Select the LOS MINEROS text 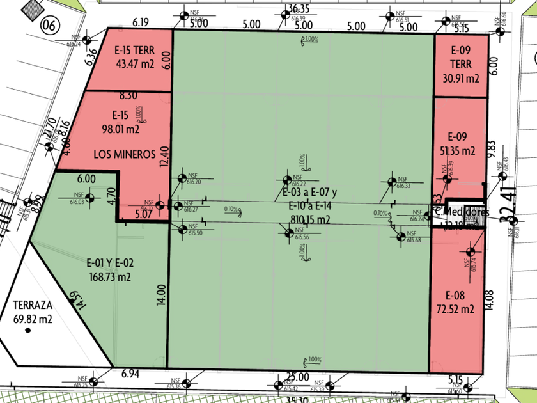point(125,154)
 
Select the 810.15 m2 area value point(306,221)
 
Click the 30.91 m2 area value point(461,79)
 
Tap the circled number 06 point(49,26)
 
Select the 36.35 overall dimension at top point(299,8)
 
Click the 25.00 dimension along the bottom point(297,377)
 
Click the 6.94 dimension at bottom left point(130,372)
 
